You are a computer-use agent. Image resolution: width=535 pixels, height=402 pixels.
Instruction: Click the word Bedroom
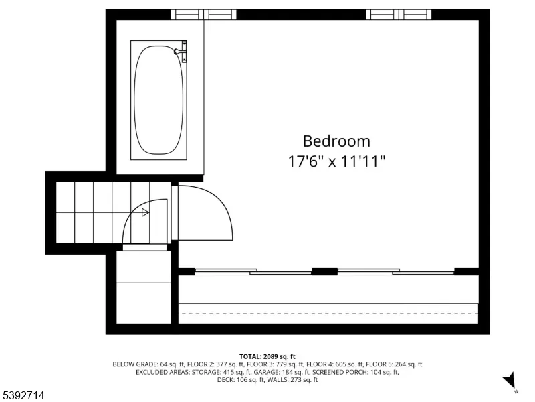(336, 141)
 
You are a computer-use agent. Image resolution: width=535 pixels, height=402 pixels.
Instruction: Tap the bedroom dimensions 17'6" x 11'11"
(336, 161)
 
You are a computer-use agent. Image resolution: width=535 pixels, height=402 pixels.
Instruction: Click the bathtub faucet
(181, 52)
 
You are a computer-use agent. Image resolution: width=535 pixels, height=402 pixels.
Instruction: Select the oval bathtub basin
(158, 100)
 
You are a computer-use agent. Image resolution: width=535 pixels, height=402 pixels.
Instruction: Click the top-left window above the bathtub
(203, 15)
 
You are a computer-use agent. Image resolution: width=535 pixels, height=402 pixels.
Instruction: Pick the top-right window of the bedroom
(399, 15)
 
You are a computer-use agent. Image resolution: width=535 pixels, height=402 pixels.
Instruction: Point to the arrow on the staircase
(145, 212)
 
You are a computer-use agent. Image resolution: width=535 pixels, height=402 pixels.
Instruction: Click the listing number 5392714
(22, 395)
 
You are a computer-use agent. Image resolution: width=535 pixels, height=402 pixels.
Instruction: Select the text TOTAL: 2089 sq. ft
(267, 357)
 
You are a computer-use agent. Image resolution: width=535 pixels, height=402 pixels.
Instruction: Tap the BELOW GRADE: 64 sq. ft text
(147, 364)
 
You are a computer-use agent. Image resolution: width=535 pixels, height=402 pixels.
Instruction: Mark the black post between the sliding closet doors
(324, 272)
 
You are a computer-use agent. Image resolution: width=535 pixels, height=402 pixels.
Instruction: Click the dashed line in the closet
(328, 313)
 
